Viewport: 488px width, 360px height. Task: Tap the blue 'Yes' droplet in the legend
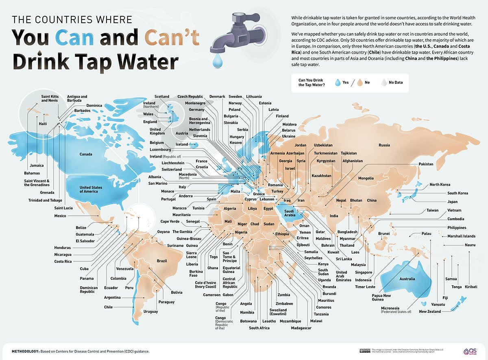point(337,82)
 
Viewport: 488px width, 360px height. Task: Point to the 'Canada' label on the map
point(86,154)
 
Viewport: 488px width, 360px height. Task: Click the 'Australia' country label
point(407,279)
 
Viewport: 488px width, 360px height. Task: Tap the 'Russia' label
point(384,145)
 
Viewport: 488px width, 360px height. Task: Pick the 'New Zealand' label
point(430,312)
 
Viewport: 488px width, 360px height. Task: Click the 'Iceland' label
point(182,144)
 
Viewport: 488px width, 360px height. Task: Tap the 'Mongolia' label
point(366,178)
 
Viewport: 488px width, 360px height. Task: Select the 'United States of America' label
point(91,189)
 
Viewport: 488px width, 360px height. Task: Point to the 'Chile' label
point(108,307)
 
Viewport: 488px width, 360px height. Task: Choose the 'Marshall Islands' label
point(461,236)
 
